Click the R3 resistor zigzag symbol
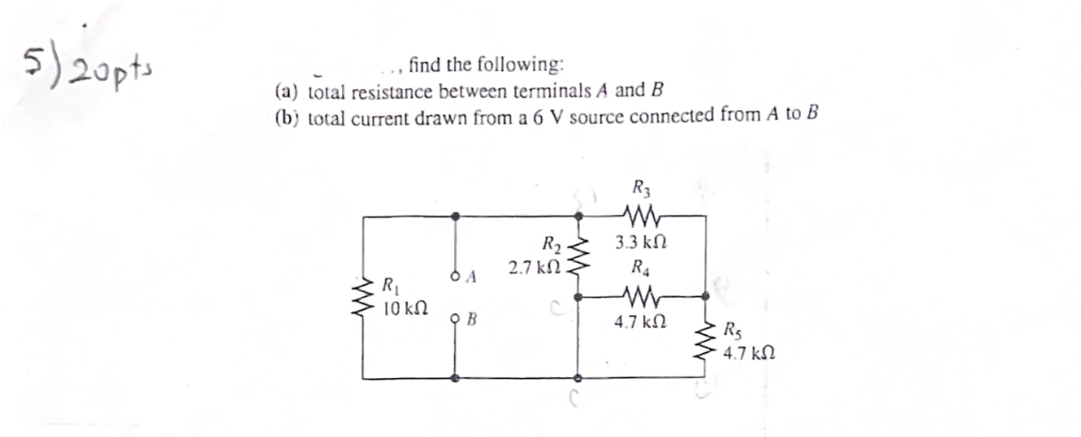(641, 217)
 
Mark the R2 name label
(552, 243)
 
